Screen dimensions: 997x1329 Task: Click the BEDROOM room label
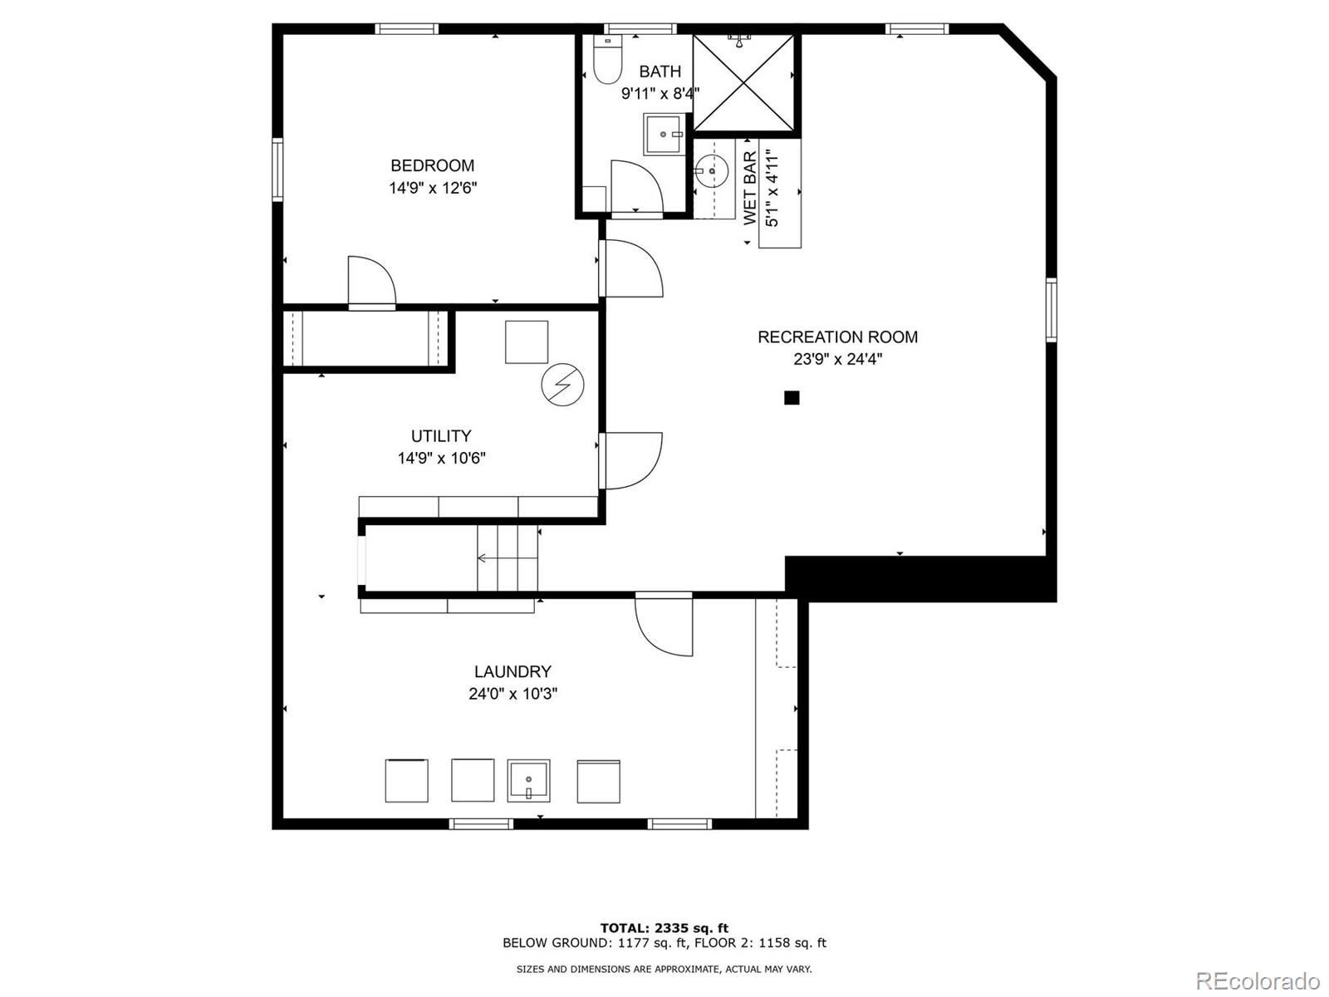(x=432, y=165)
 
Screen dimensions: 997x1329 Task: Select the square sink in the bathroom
(x=664, y=135)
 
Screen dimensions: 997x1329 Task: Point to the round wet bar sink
(x=710, y=172)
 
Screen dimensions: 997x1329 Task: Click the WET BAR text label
(x=750, y=188)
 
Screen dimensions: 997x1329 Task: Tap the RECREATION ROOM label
(x=837, y=336)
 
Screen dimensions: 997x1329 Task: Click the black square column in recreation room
(x=792, y=398)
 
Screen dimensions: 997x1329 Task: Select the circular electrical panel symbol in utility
(x=562, y=386)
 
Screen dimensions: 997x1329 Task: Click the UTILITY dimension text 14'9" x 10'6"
(x=441, y=458)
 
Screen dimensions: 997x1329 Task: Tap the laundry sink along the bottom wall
(x=528, y=780)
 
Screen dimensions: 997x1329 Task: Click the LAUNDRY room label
(x=512, y=671)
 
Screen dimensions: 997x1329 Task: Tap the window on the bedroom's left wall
(x=277, y=169)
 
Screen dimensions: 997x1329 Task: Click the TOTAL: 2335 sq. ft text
(x=664, y=928)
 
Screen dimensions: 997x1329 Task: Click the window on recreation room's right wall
(x=1051, y=310)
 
